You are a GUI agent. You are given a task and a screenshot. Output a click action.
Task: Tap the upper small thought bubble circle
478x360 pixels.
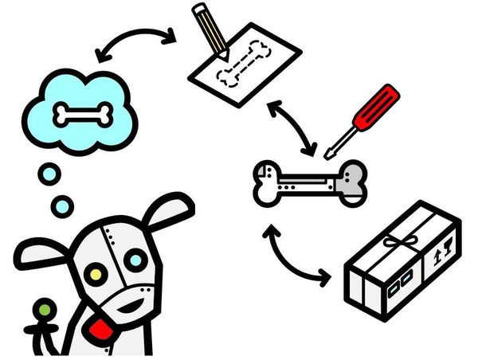tap(50, 173)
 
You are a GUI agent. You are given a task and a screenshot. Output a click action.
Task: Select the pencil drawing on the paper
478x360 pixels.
tap(209, 29)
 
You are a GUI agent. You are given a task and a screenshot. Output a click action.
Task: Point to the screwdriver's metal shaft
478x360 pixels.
tap(339, 143)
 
